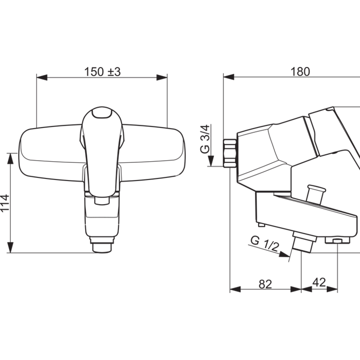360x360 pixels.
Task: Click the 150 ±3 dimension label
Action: [x=102, y=72]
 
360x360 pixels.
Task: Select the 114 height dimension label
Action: [x=5, y=202]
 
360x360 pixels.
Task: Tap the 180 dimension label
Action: [x=300, y=72]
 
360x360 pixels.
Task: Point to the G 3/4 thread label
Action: [x=205, y=139]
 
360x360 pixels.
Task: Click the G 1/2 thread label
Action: [x=265, y=244]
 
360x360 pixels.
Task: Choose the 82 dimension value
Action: [x=265, y=284]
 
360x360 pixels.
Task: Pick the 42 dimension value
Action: [x=319, y=282]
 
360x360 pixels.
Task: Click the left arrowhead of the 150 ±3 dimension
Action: [x=42, y=77]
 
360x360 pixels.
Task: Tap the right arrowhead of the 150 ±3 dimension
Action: [x=162, y=77]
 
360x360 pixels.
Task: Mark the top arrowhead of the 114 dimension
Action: [x=10, y=159]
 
